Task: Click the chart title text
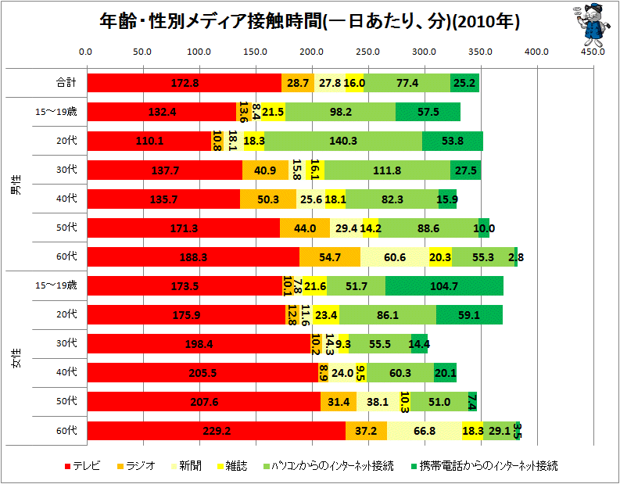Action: click(x=310, y=21)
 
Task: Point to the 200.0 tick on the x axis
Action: click(x=311, y=52)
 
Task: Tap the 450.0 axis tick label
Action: click(x=593, y=52)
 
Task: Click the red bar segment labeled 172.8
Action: click(x=184, y=83)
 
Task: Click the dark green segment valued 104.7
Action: click(x=443, y=286)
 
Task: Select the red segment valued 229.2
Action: click(x=216, y=431)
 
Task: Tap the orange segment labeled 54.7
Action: click(x=330, y=257)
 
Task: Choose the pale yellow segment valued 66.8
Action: click(x=424, y=431)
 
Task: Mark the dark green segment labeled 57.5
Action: click(x=428, y=112)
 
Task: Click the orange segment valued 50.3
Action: click(x=268, y=199)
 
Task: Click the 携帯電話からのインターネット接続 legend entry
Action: click(x=484, y=466)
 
